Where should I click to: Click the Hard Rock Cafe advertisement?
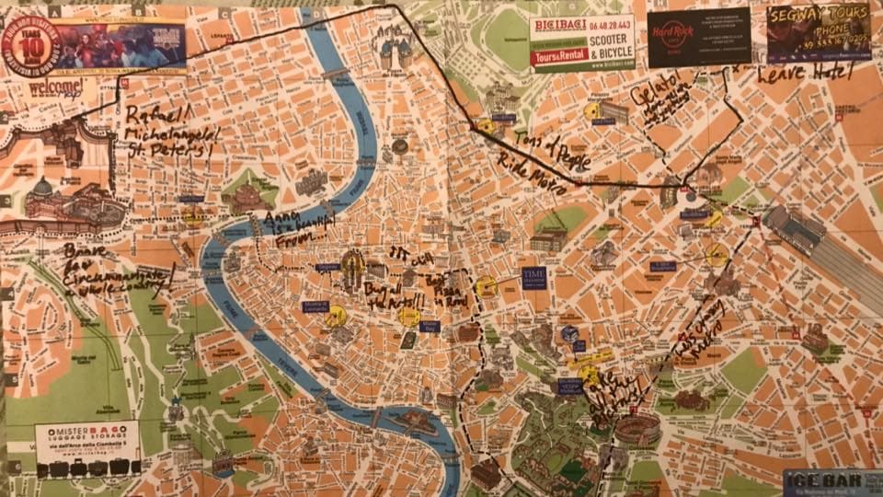(x=698, y=37)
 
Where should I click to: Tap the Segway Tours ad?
(x=819, y=32)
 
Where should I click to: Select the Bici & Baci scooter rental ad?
(x=581, y=42)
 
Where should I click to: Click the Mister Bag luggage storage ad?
(x=87, y=448)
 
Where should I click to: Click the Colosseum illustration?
(x=637, y=428)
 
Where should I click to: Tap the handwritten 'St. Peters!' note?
(x=169, y=148)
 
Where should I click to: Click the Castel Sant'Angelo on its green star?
(x=247, y=194)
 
